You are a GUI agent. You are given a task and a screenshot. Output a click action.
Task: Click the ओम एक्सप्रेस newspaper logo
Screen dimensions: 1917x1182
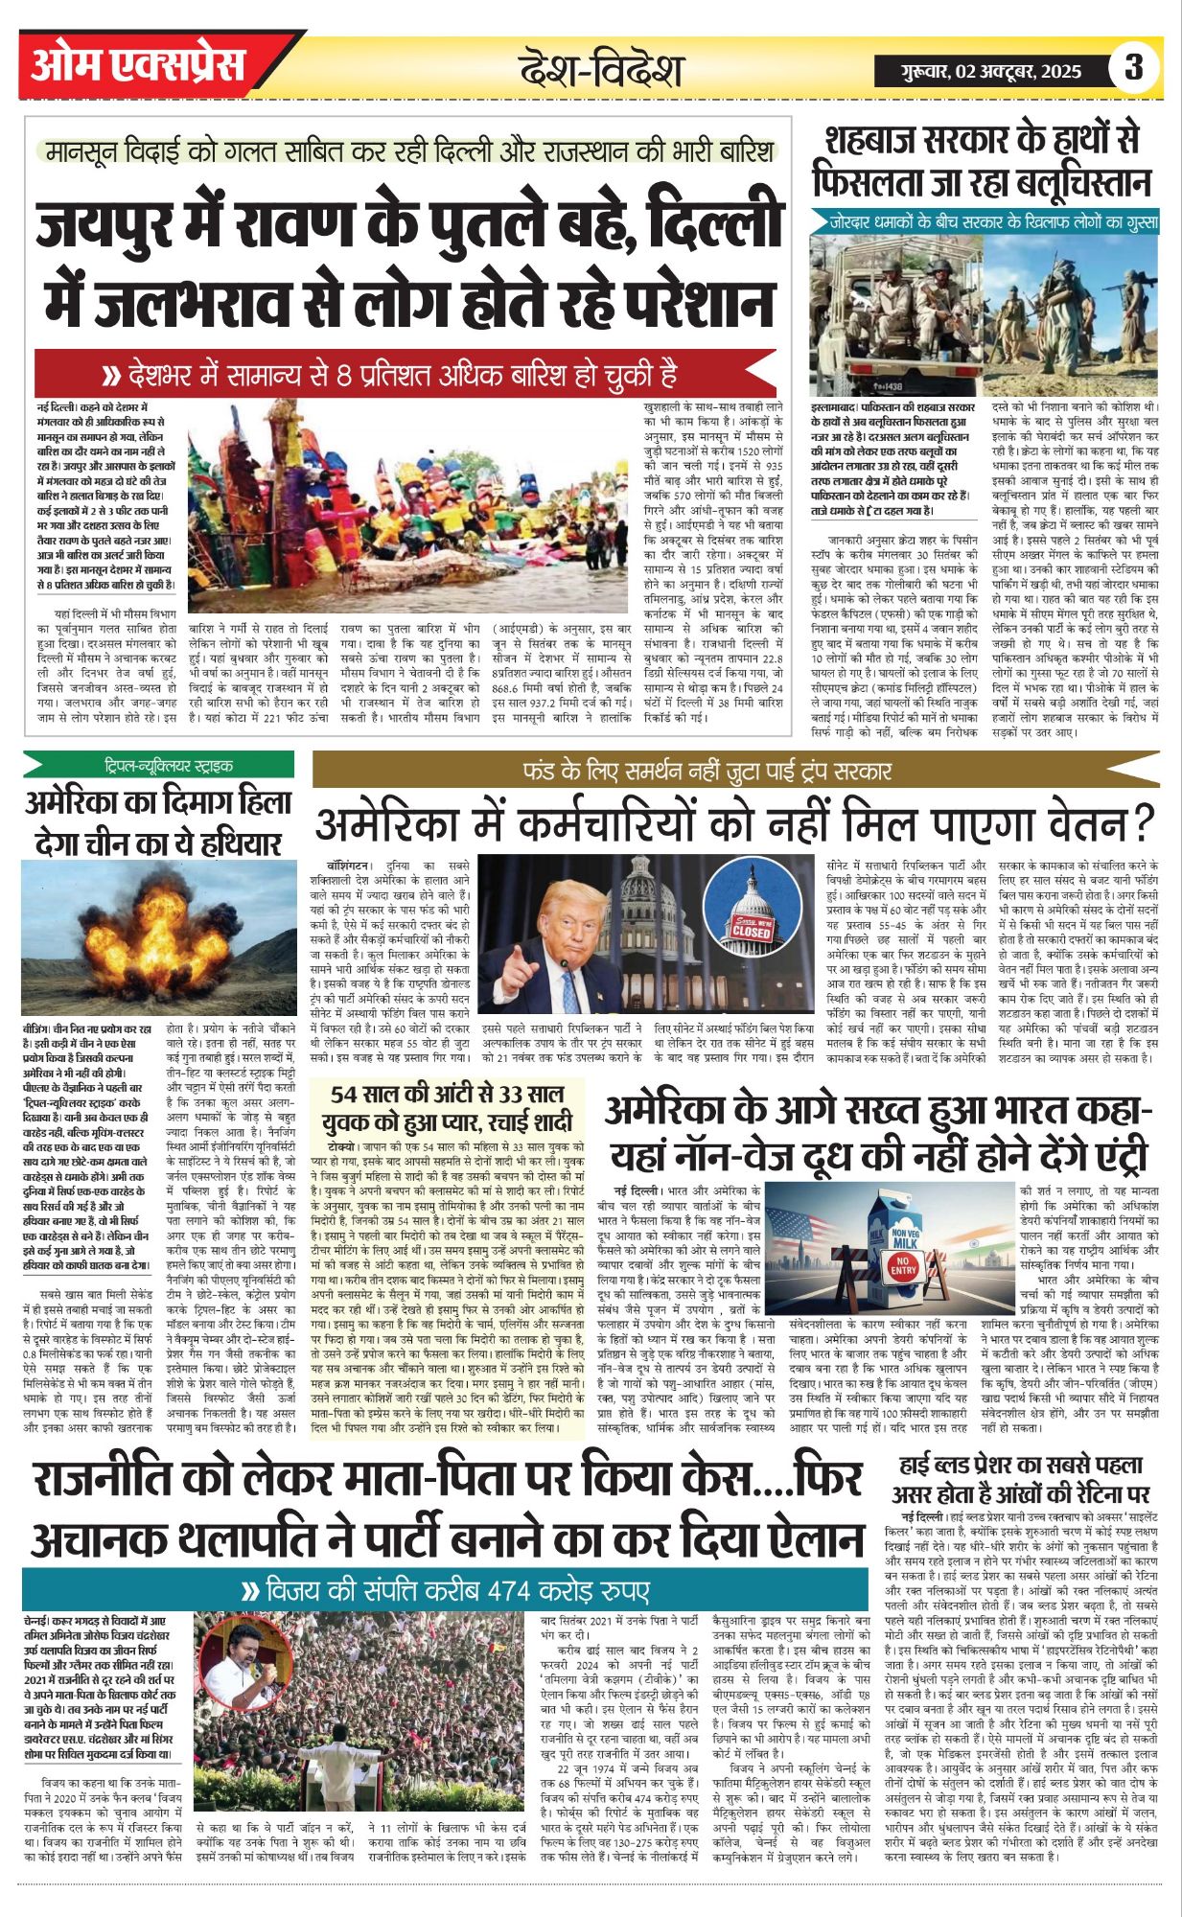tap(137, 65)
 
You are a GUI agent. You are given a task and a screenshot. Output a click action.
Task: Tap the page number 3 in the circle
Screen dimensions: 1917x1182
tap(1134, 67)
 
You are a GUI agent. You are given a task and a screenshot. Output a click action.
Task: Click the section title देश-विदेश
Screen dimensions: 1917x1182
tap(601, 70)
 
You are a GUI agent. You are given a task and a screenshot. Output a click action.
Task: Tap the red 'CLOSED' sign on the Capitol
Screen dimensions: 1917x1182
tap(751, 928)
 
